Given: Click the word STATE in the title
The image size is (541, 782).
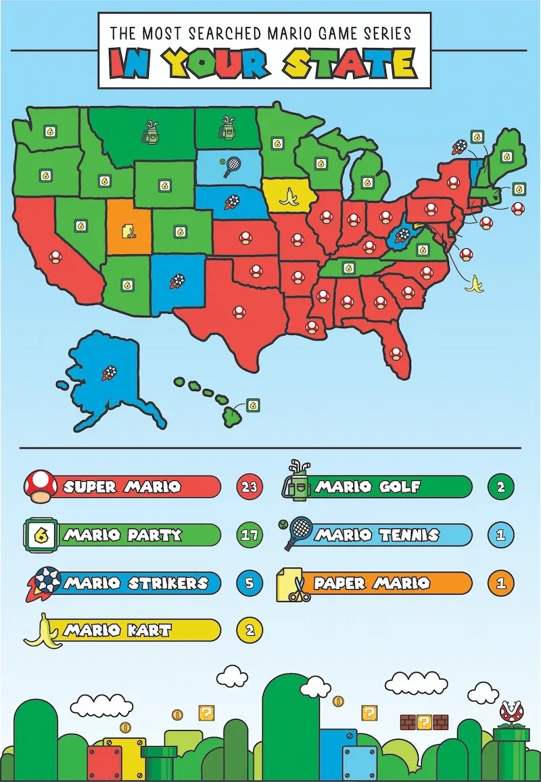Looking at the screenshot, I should (x=348, y=64).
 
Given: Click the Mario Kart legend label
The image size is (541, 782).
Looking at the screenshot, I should (x=118, y=630).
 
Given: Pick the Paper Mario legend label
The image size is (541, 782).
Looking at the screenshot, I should (x=372, y=582).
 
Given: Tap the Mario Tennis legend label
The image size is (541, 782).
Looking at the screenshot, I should (x=377, y=534).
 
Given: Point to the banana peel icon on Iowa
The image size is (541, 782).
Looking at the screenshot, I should (x=289, y=197).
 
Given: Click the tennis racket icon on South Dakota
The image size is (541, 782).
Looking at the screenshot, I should (x=231, y=164).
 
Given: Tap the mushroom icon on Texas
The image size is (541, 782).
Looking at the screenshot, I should (x=238, y=311).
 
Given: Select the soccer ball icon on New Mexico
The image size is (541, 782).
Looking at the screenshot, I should (x=178, y=281).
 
